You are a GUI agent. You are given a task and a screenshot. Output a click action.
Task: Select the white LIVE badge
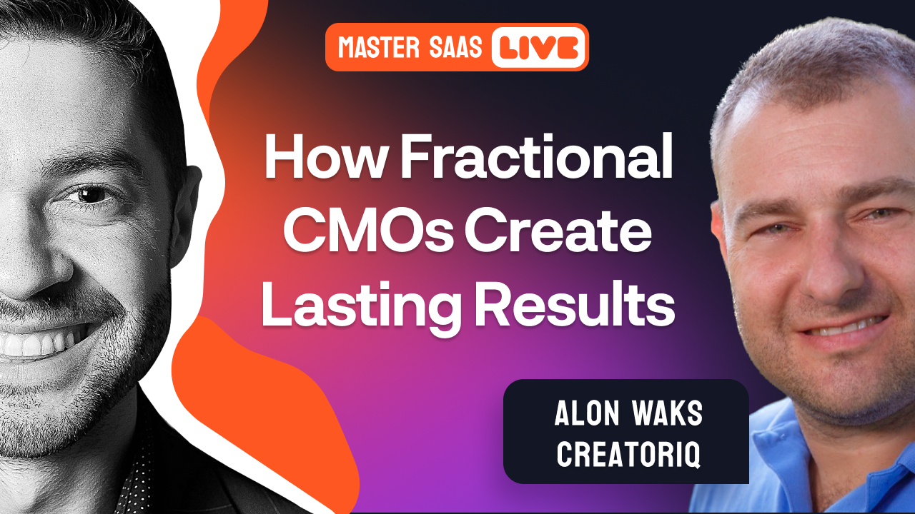(538, 47)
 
